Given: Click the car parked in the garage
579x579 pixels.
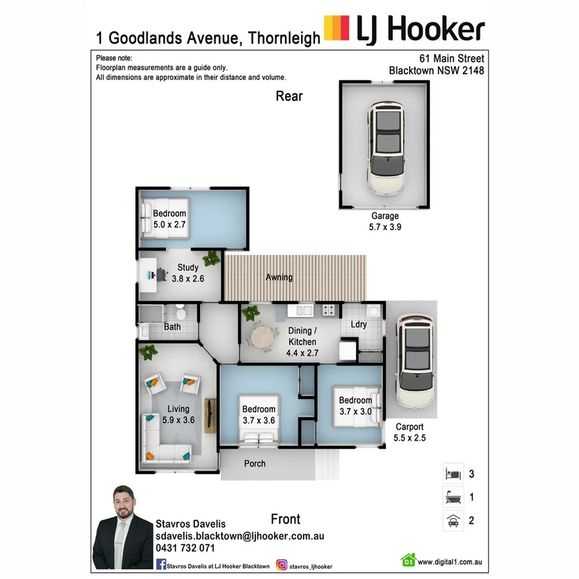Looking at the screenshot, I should pos(387,149).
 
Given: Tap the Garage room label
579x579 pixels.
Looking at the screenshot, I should pos(385,216).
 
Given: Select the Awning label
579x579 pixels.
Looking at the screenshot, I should pos(279,277).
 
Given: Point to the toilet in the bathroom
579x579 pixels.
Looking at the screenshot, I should pos(181,314).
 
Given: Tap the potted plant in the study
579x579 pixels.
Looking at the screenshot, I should pos(210,259).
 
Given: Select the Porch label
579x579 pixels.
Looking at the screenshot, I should pos(255,463).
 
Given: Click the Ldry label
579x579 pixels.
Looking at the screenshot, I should pos(358,324).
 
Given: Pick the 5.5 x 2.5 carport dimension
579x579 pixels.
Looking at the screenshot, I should pos(409,438).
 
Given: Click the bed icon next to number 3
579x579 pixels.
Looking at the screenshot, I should pos(452,475).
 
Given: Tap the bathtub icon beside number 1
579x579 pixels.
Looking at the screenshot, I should pos(452,497).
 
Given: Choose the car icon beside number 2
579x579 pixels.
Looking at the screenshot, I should pos(452,520).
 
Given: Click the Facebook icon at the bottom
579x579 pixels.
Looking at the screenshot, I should pos(161,565).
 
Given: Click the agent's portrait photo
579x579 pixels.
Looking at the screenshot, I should pos(122,529).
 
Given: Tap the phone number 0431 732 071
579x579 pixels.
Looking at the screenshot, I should pos(185,547).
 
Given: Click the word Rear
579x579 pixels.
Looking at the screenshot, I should pos(289,96).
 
